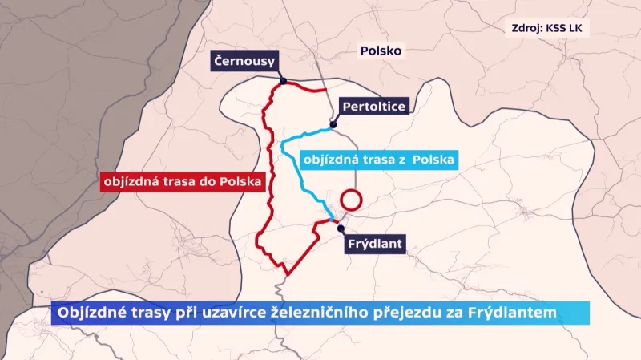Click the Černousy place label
tap(244, 60)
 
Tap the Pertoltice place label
tap(373, 107)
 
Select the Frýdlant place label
tap(376, 245)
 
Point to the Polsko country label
tap(381, 51)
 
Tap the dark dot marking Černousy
tap(284, 81)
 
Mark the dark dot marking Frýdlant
tap(340, 228)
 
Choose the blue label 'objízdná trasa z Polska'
tap(379, 160)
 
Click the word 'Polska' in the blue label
tap(433, 160)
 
